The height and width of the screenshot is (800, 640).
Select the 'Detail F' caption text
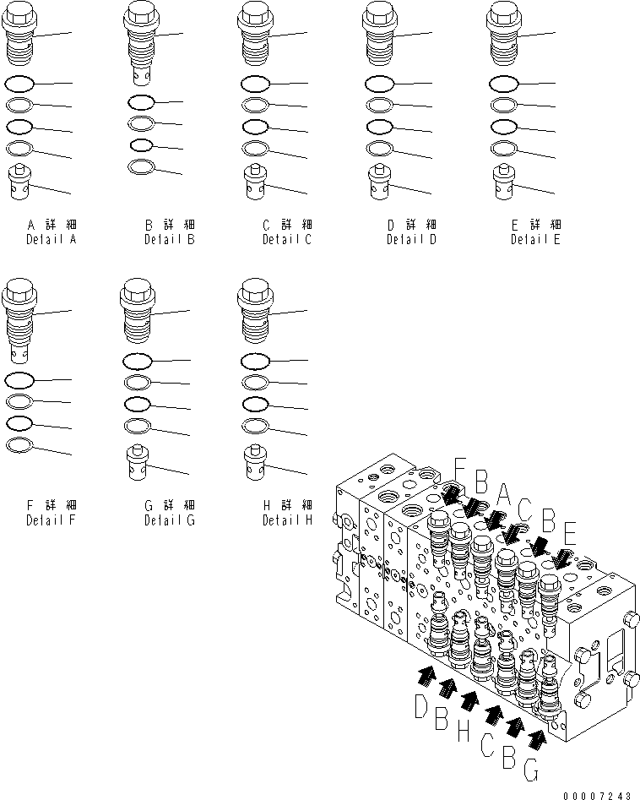(x=51, y=520)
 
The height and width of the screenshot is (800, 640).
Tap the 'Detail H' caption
(x=286, y=520)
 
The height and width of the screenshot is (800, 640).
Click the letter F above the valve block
(x=460, y=467)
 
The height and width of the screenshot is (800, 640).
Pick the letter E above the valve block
(x=570, y=532)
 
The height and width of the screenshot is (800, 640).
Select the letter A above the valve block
(x=503, y=493)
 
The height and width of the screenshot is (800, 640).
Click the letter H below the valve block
(x=463, y=732)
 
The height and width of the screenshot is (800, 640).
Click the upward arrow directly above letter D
(x=426, y=673)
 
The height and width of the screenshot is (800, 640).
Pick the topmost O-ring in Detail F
(x=19, y=380)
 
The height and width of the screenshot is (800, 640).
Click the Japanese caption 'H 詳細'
(x=286, y=505)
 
